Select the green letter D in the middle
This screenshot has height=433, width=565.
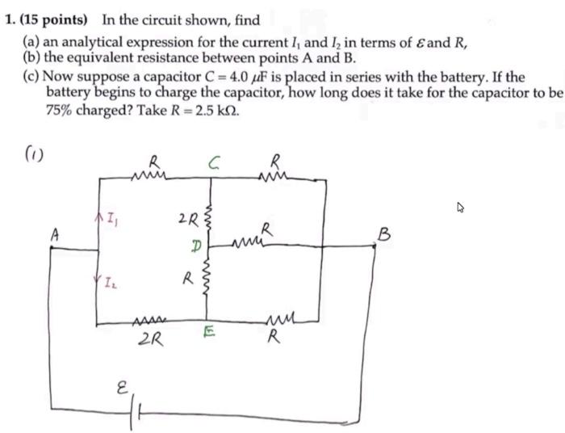[195, 243]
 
